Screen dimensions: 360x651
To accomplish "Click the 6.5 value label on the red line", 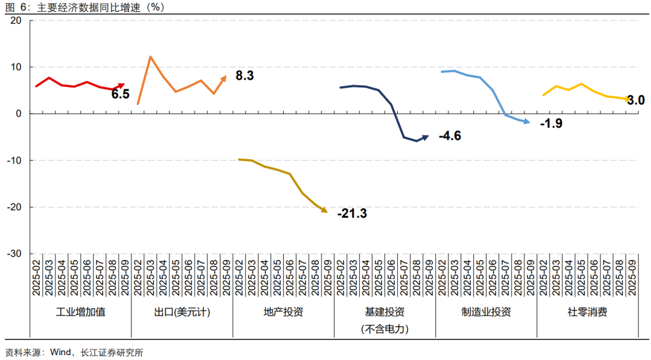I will point(120,93).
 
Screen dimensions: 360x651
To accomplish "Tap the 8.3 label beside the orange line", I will point(244,76).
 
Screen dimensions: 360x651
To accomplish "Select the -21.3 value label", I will point(352,213).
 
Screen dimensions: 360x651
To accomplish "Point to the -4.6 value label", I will point(450,136).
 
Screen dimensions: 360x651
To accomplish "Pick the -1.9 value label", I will point(551,124).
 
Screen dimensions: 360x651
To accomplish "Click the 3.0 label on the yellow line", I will point(636,100).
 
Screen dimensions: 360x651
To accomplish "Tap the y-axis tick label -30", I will point(14,254).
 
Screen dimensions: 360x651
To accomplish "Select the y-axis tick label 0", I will point(19,113).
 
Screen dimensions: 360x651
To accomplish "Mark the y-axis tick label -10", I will point(14,160).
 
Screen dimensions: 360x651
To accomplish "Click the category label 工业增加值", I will point(80,312).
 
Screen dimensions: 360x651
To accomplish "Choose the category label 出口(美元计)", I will point(182,312).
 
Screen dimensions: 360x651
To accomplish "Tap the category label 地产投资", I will point(283,312).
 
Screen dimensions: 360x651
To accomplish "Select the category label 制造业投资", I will point(486,312).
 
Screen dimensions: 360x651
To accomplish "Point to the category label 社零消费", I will point(587,312).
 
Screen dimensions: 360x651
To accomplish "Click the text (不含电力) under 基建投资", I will point(385,329).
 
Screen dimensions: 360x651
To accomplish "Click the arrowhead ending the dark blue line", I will point(426,137).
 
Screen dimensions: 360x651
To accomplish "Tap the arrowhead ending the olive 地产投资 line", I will point(324,210).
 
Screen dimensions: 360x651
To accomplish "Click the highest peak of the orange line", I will point(150,57).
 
